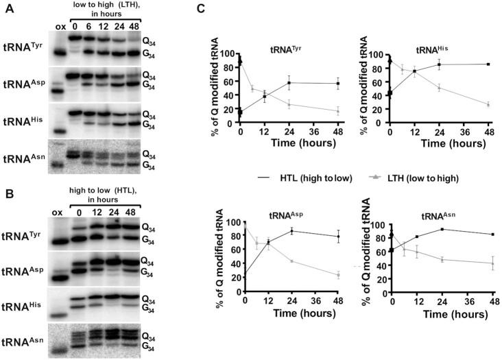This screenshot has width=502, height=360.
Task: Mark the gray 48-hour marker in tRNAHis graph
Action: [488, 105]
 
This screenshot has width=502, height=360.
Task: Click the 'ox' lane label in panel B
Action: [58, 212]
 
